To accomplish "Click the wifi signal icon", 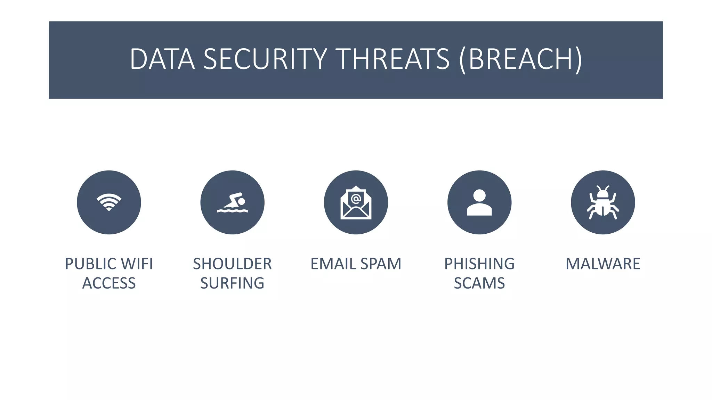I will [x=109, y=202].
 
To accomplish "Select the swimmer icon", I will [x=232, y=202].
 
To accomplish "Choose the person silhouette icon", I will [x=479, y=203].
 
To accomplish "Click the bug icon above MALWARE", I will [x=603, y=203].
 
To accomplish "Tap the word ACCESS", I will [x=109, y=283].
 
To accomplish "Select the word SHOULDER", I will [x=232, y=264].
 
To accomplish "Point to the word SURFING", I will [x=232, y=283].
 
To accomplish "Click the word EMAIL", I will [x=333, y=264].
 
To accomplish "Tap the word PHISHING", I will [x=479, y=264].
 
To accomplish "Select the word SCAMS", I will [x=479, y=283].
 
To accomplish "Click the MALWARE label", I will [x=603, y=264].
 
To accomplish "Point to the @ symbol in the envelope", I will [x=356, y=199].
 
